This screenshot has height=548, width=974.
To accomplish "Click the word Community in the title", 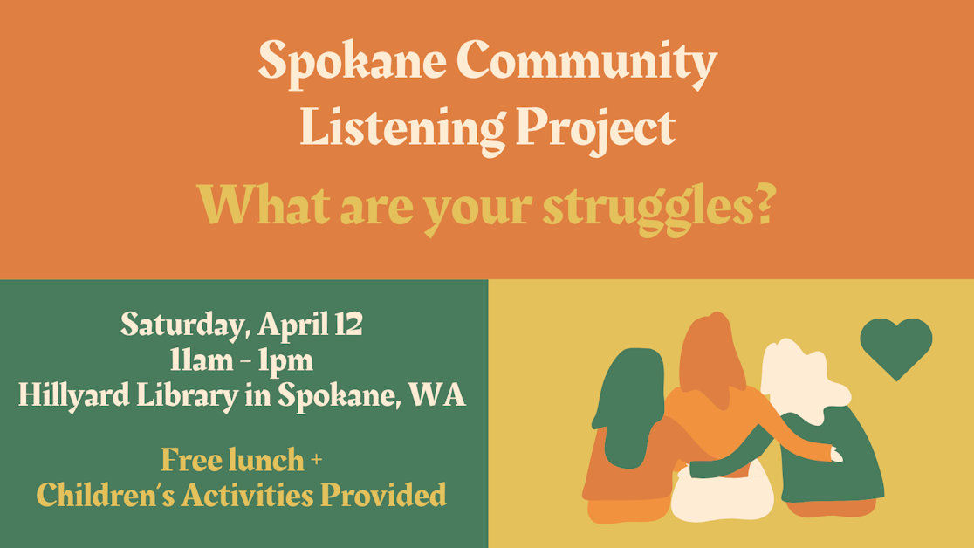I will click(586, 62).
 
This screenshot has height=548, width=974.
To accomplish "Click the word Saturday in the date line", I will click(186, 325).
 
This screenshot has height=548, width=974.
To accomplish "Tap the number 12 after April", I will click(347, 325).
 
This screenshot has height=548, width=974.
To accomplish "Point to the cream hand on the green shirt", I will click(835, 455).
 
